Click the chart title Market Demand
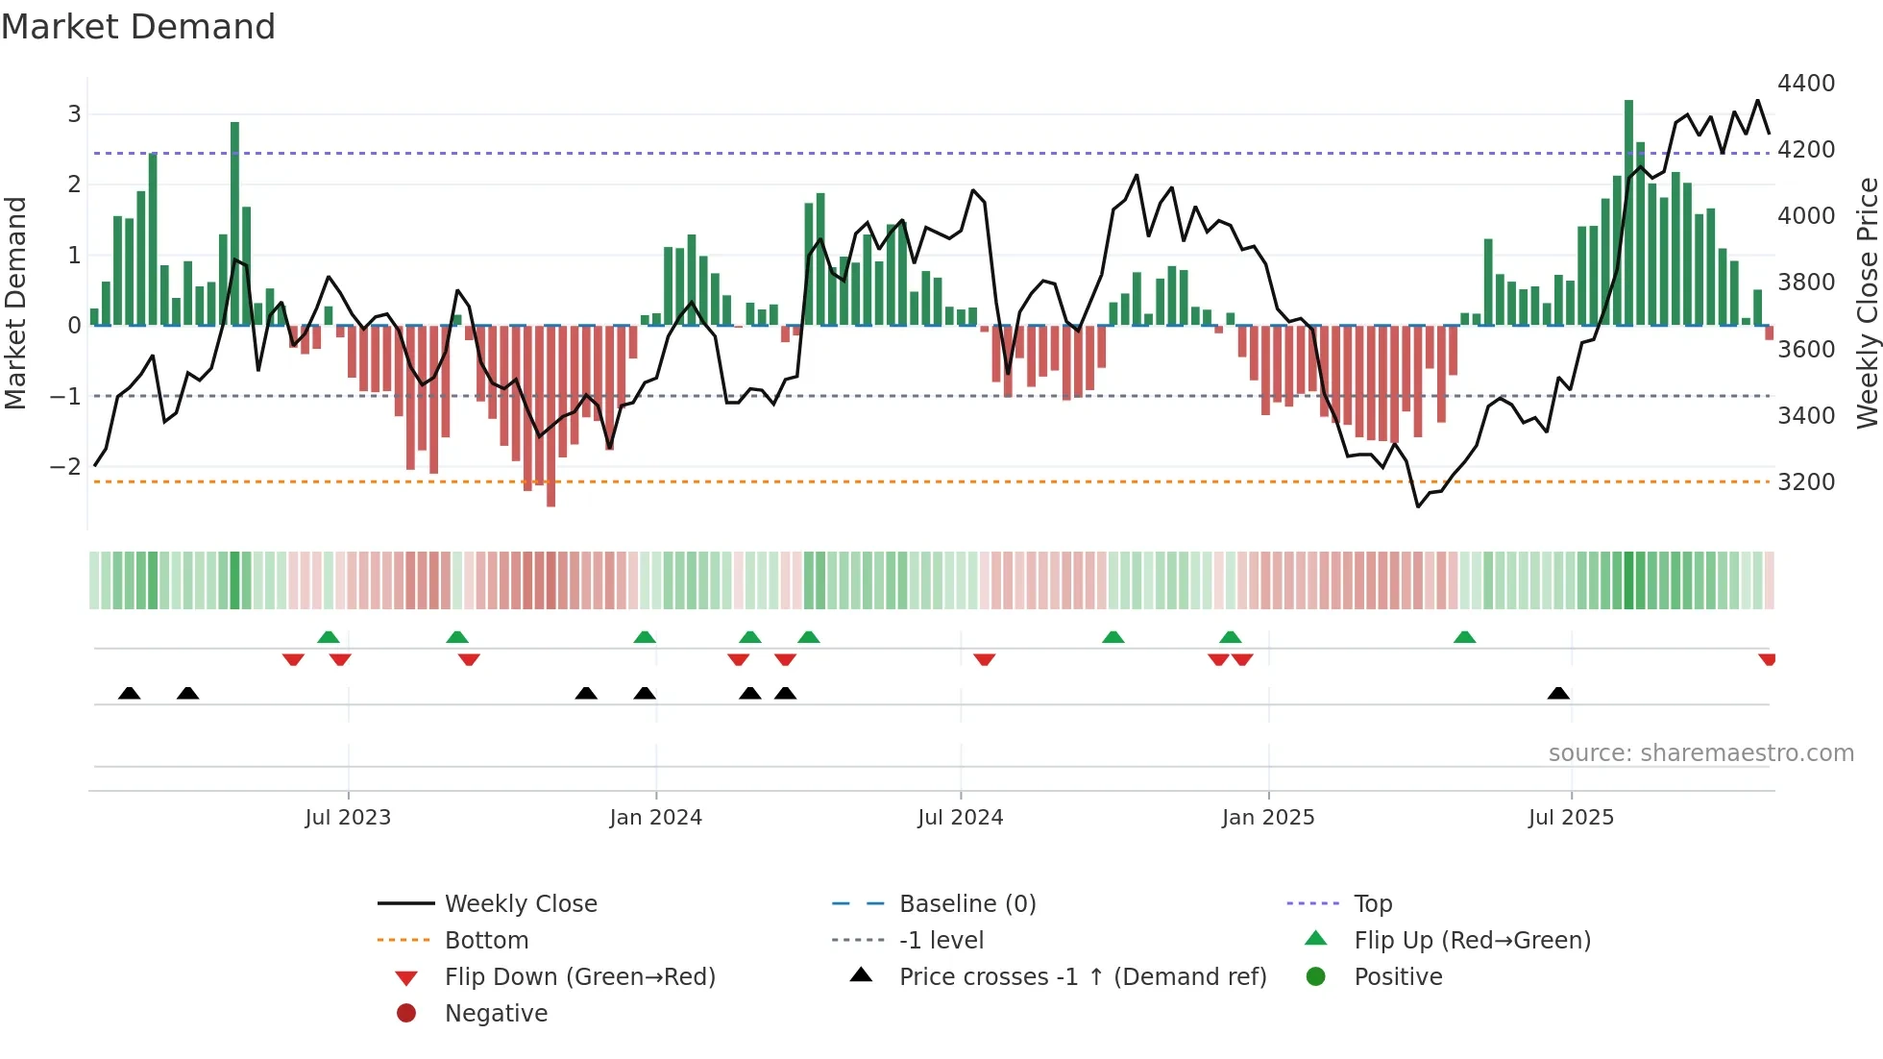pos(138,27)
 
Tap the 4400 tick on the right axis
pos(1805,84)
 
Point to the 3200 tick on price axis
pos(1805,482)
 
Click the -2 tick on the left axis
pos(65,467)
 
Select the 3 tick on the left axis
pos(74,114)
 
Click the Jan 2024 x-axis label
pos(655,818)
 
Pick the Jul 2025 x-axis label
pos(1571,818)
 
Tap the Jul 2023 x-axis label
pos(348,818)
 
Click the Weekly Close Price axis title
pos(1867,303)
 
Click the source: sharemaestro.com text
pos(1700,753)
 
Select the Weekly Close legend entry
pos(520,904)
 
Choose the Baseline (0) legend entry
pos(966,904)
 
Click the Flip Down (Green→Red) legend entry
pos(579,977)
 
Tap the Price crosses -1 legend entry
pos(1082,977)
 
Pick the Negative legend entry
pos(496,1014)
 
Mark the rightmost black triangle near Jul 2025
pos(1558,693)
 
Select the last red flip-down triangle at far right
pos(1767,659)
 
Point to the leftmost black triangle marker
pos(129,693)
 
